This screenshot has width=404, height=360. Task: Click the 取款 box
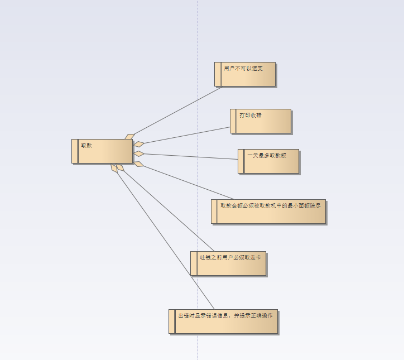(x=103, y=151)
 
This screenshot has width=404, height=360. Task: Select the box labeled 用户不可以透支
(x=246, y=74)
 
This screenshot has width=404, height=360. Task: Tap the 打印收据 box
(x=261, y=121)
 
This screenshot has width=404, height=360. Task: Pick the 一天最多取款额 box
(x=269, y=161)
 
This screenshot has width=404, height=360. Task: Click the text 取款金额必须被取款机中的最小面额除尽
(x=271, y=205)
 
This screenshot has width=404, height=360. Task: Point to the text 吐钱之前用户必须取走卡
(x=230, y=257)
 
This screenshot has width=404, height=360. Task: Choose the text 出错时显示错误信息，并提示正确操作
(x=225, y=315)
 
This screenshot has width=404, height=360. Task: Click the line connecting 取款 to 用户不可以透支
(x=177, y=111)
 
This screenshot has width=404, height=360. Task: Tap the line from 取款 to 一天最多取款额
(x=190, y=156)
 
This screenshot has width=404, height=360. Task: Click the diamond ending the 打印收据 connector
(x=139, y=144)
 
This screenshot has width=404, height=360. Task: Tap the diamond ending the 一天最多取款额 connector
(x=139, y=153)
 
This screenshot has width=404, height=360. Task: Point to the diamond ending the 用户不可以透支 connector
(x=130, y=136)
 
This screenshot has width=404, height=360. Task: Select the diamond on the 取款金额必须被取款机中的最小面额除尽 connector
(x=138, y=164)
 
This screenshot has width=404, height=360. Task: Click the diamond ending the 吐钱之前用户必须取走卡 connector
(x=120, y=167)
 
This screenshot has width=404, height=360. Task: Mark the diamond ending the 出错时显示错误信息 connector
(x=114, y=167)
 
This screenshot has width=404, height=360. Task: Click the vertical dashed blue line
(x=198, y=33)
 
